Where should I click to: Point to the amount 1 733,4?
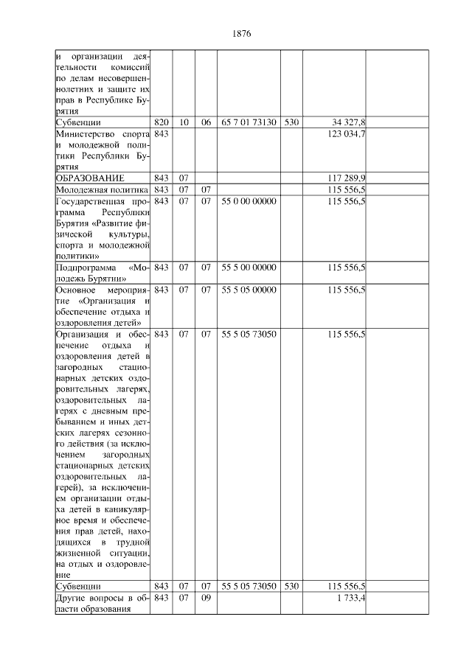352,598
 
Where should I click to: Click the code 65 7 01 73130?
249,122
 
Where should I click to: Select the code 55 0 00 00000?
249,201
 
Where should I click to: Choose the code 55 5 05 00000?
249,290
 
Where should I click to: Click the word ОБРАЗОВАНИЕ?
90,178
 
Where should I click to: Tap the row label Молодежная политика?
100,189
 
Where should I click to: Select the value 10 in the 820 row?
184,122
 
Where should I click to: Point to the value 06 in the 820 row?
206,122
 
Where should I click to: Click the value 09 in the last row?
206,598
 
